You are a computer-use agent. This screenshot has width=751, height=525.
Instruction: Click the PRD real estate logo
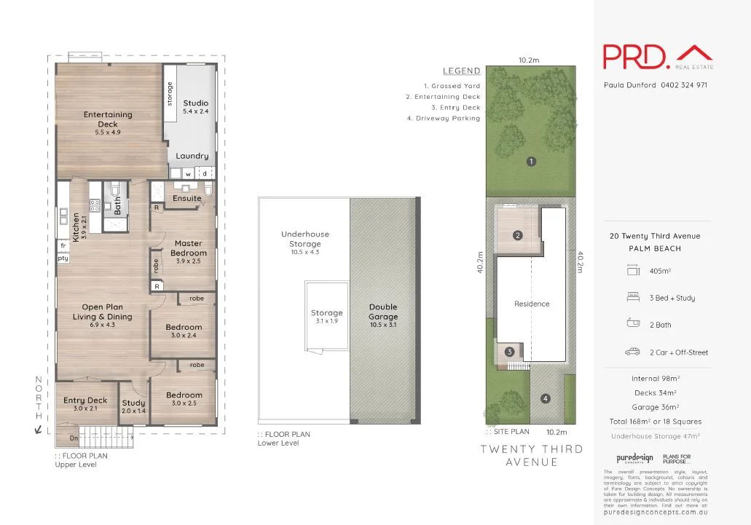[x=657, y=57]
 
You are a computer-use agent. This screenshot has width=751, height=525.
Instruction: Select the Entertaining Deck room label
[x=108, y=119]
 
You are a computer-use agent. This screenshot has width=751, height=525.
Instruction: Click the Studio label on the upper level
[x=195, y=103]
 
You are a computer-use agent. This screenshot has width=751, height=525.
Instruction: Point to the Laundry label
[x=192, y=156]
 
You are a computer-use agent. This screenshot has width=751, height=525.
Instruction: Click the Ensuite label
[x=186, y=198]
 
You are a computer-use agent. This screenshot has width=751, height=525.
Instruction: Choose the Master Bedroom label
[x=188, y=248]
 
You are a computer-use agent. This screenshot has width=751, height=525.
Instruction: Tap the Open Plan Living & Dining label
[x=102, y=312]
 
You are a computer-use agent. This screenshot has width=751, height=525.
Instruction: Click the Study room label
[x=133, y=403]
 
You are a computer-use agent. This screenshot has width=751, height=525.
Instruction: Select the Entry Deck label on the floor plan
[x=85, y=400]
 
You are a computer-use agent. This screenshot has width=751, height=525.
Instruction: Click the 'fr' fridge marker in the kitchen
[x=63, y=247]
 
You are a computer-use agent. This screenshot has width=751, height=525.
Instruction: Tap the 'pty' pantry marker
[x=63, y=258]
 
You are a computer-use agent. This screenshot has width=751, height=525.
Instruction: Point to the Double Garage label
[x=383, y=312]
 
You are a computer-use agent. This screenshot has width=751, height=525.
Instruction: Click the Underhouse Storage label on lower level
[x=304, y=239]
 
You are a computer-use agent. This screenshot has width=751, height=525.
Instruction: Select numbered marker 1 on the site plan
[x=531, y=162]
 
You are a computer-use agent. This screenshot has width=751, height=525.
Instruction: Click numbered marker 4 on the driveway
[x=545, y=398]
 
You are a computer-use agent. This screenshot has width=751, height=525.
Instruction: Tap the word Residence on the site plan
[x=532, y=304]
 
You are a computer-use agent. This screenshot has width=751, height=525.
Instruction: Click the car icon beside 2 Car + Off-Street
[x=632, y=352]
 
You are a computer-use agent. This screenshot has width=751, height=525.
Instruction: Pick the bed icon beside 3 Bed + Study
[x=632, y=298]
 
